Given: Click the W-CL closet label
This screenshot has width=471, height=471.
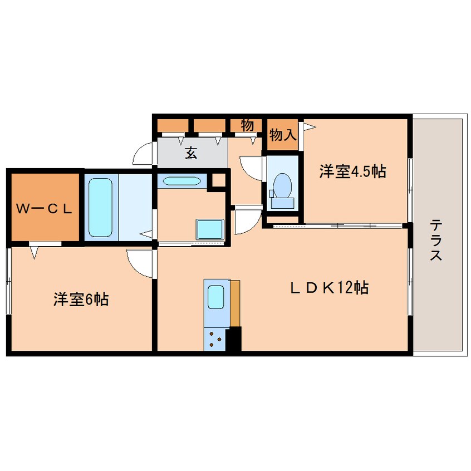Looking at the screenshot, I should pyautogui.click(x=44, y=209).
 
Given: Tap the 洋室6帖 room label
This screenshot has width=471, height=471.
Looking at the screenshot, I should pyautogui.click(x=81, y=300).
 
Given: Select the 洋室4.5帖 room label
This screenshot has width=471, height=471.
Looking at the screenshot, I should pyautogui.click(x=352, y=172).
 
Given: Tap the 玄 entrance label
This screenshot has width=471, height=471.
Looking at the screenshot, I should pyautogui.click(x=191, y=152).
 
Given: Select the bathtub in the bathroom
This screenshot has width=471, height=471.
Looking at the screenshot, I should pyautogui.click(x=101, y=207).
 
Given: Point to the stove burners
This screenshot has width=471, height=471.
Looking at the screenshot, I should pyautogui.click(x=215, y=338).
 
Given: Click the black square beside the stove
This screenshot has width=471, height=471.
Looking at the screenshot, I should pyautogui.click(x=234, y=338).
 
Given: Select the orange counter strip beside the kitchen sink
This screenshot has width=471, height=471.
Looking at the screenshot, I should pyautogui.click(x=235, y=303).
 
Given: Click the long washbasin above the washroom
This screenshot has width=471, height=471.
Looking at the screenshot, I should pyautogui.click(x=181, y=181).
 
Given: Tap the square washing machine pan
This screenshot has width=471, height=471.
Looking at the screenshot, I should pyautogui.click(x=209, y=230).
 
